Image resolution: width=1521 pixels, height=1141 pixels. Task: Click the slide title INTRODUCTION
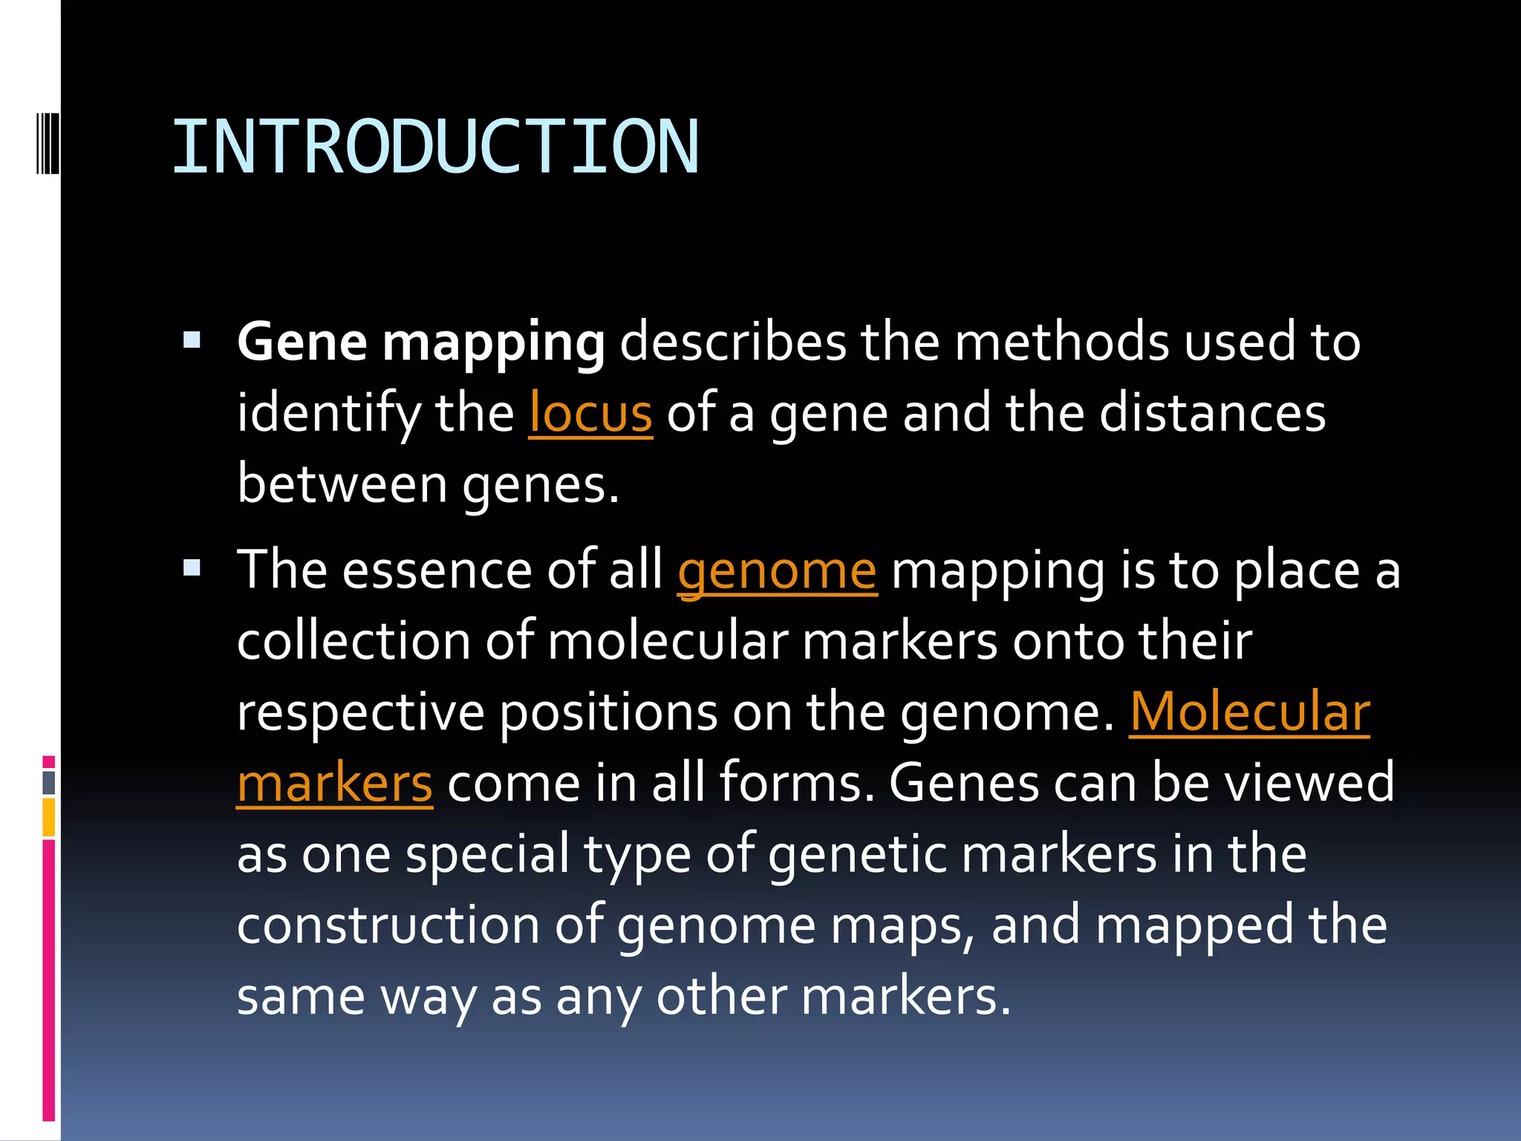(435, 147)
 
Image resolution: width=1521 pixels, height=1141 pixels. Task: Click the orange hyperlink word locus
(590, 413)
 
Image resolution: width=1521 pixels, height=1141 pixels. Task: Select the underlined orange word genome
(777, 570)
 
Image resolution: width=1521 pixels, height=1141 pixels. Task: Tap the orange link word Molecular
(1249, 712)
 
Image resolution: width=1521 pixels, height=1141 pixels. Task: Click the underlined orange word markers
(334, 783)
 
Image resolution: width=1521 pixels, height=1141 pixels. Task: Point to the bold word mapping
(493, 343)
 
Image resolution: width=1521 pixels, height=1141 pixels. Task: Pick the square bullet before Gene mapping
(192, 340)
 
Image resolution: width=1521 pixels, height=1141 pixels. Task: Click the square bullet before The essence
(192, 569)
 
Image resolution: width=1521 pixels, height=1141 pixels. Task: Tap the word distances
(1212, 413)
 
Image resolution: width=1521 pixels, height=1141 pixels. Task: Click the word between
(342, 484)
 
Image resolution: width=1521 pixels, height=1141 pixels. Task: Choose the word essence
(437, 570)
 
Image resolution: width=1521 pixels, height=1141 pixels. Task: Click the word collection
(354, 640)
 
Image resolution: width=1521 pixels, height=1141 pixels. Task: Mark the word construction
(388, 926)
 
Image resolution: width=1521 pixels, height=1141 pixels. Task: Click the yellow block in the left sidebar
(49, 816)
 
